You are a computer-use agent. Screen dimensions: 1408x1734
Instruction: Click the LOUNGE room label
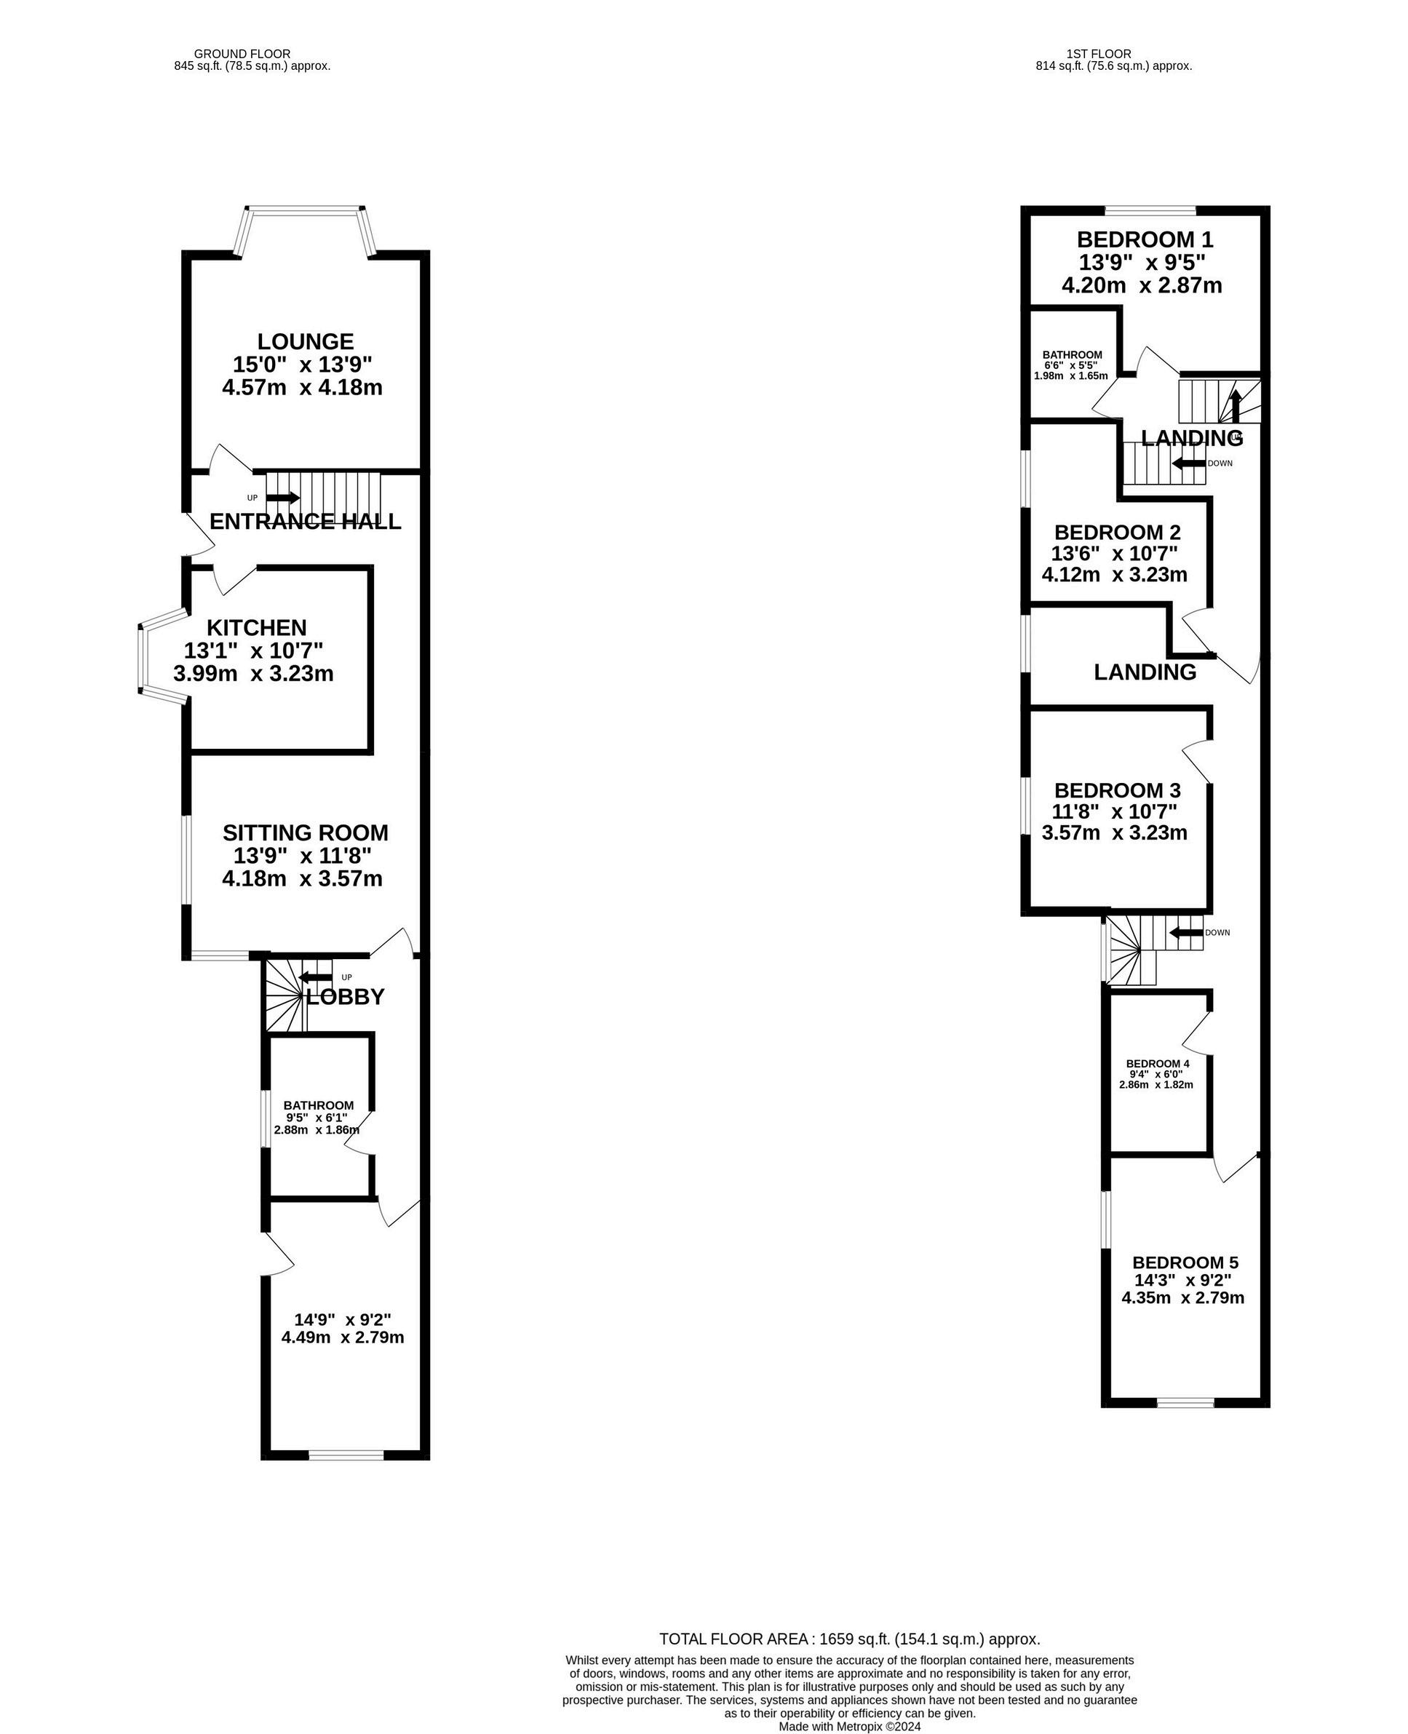[x=305, y=341]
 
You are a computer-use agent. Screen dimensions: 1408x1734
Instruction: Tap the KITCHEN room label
[x=256, y=628]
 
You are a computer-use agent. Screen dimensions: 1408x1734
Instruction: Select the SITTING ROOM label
[x=305, y=833]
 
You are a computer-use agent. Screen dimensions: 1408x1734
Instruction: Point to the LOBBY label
[x=346, y=997]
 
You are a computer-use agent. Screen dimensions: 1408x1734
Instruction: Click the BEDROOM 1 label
[x=1145, y=239]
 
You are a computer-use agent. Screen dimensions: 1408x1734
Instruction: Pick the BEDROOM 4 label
[x=1158, y=1063]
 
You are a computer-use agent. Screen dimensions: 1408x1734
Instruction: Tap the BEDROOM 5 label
[x=1185, y=1262]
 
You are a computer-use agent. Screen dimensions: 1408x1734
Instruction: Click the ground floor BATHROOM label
[x=318, y=1105]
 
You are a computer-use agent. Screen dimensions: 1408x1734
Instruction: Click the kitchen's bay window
[x=143, y=659]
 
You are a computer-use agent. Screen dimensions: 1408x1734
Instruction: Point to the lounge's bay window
[x=304, y=212]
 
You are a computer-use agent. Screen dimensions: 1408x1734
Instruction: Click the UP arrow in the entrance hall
[x=282, y=497]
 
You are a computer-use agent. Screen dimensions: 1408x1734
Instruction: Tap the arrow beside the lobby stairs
[x=316, y=977]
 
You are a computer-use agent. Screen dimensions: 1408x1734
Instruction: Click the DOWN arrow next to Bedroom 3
[x=1186, y=933]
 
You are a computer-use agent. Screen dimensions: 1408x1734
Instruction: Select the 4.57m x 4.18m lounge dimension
[x=302, y=388]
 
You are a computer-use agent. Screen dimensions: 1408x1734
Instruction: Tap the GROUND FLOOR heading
[x=242, y=55]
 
